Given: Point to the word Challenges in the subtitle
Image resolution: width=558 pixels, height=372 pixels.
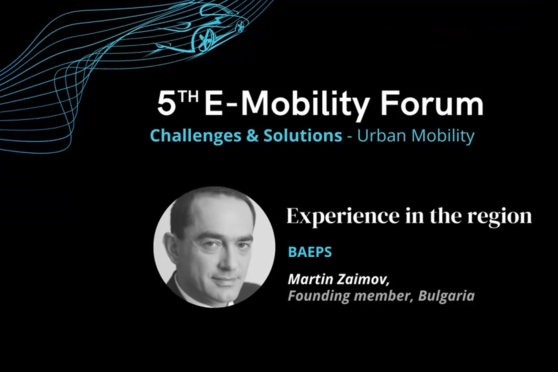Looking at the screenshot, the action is pos(196,136).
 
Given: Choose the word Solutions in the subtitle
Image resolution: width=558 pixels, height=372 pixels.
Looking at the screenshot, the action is pos(303,136).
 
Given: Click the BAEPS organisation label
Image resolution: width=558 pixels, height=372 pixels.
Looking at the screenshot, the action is pos(310,252).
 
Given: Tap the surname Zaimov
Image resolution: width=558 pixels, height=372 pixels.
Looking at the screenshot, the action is pos(363,279).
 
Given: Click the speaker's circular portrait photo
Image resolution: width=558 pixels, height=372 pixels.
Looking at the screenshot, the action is pos(214,247).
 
